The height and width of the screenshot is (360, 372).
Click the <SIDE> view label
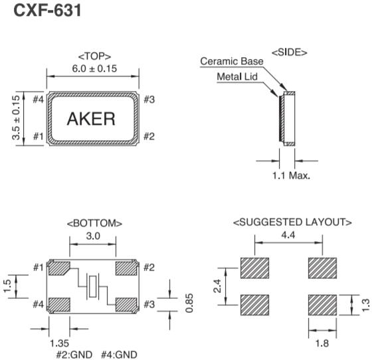(x=288, y=52)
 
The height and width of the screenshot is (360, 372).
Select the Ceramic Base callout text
(x=232, y=62)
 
